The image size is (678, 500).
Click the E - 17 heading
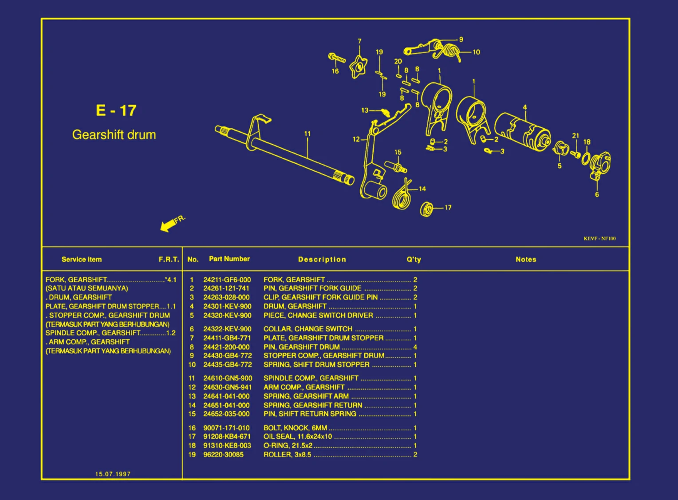[x=116, y=110]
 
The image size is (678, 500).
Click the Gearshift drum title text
[x=114, y=135]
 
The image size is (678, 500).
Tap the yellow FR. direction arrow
[x=168, y=225]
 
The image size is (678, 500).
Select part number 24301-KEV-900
[x=227, y=306]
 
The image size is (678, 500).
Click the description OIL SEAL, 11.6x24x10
[x=297, y=437]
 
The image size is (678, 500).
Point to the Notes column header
[x=526, y=260]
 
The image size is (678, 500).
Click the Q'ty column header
[x=414, y=260]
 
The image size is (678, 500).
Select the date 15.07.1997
[x=113, y=474]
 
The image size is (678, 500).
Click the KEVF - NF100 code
[x=599, y=239]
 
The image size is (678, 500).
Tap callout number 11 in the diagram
[x=307, y=134]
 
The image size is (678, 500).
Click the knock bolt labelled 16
[x=337, y=58]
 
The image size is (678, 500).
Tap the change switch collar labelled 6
[x=600, y=165]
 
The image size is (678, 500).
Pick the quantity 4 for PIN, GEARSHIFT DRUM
[x=415, y=347]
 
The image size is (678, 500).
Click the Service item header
[x=82, y=260]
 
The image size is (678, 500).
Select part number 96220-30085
[x=223, y=454]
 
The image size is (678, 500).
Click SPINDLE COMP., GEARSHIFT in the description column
[x=311, y=378]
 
